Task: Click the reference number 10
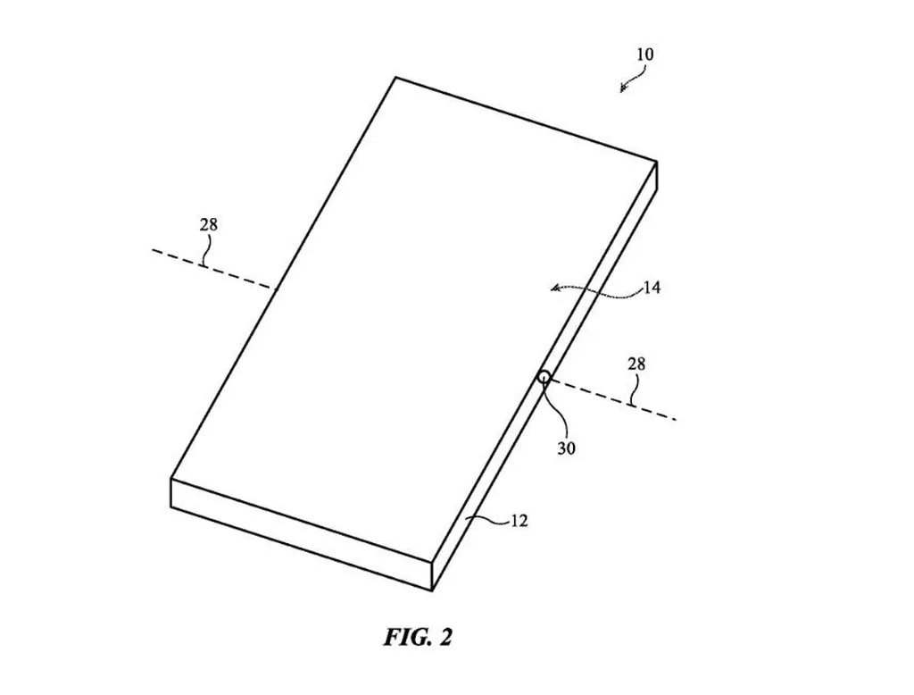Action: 644,54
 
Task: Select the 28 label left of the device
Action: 208,225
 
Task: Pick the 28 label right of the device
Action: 637,364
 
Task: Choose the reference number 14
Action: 652,289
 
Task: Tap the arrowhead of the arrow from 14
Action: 555,288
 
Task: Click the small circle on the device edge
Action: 543,377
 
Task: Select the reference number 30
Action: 567,448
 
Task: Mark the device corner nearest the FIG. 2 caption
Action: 433,590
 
